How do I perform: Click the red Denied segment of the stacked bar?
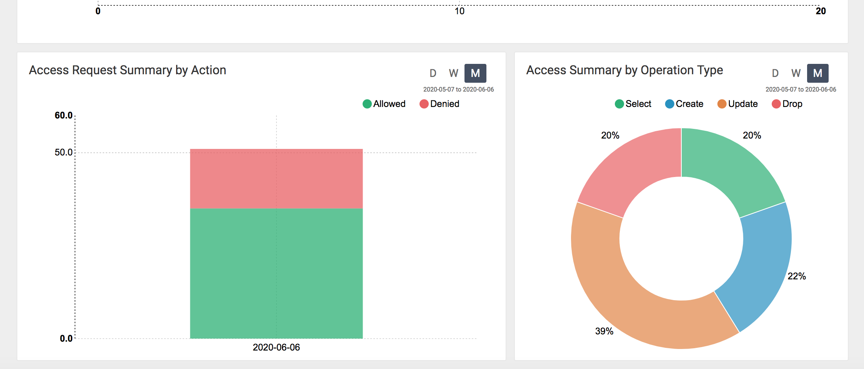276,179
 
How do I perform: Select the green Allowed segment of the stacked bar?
276,273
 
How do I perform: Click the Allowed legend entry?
384,104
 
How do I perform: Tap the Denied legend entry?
439,104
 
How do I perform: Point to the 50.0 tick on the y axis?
63,152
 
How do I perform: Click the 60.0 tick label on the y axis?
63,115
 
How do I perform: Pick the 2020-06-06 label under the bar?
276,347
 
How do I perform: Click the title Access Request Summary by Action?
127,70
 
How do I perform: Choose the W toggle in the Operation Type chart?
796,73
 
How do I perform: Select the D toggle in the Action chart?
433,73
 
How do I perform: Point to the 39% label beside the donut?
604,331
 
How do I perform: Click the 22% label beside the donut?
796,276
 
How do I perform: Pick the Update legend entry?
737,104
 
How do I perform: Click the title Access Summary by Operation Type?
624,70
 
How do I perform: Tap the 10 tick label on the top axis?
459,11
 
